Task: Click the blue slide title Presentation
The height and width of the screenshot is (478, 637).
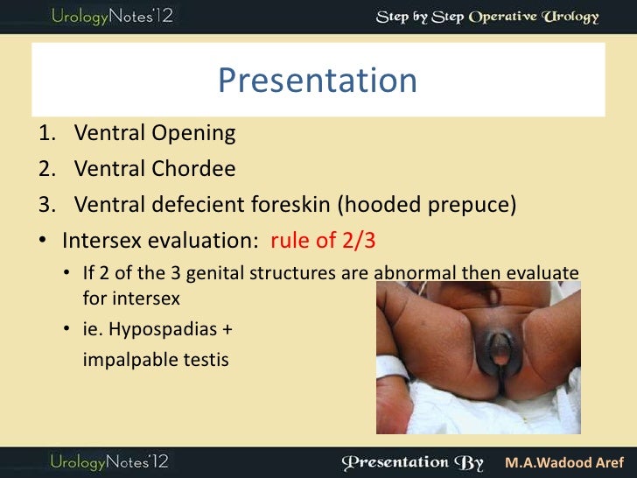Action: [x=317, y=81]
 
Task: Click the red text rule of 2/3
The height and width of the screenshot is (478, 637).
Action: [x=326, y=240]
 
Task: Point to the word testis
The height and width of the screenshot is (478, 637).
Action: [x=203, y=359]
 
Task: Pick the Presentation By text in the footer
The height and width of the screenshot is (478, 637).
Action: [x=415, y=460]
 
